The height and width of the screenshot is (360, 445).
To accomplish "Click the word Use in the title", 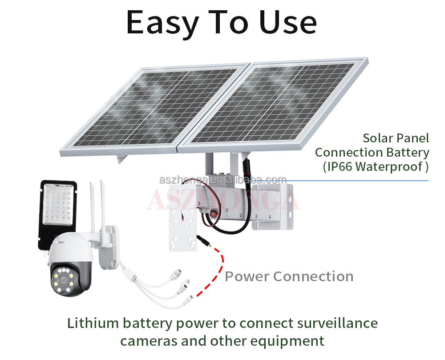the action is [288, 22].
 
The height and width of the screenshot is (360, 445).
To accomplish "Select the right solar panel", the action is [273, 105].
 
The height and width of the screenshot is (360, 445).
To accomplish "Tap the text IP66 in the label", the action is [340, 166].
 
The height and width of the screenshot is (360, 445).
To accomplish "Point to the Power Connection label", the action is [289, 276].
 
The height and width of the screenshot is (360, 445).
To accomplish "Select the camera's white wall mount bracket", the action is [109, 247].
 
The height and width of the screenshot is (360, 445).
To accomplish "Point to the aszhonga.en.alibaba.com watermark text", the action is [223, 180].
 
